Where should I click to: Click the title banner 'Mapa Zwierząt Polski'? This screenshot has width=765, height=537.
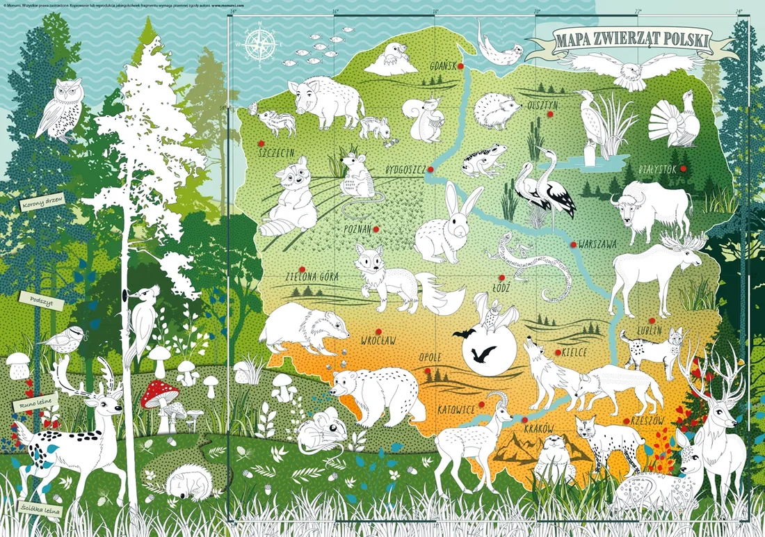pyautogui.click(x=631, y=40)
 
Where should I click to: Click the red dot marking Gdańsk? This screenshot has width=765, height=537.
pyautogui.click(x=460, y=67)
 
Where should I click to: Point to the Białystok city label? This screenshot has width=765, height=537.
pyautogui.click(x=657, y=168)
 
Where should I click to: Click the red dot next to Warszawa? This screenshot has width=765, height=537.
pyautogui.click(x=573, y=244)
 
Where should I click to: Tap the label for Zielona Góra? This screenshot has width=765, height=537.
pyautogui.click(x=312, y=276)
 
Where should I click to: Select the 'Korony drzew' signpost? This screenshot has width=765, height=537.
pyautogui.click(x=42, y=204)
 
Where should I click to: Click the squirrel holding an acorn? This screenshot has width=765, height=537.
pyautogui.click(x=426, y=118)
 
